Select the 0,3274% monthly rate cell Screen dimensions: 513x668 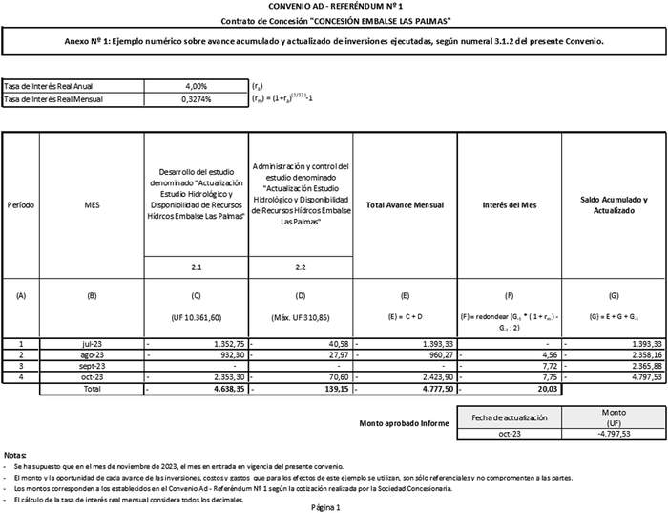pos(194,98)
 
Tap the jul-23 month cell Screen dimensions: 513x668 pos(92,343)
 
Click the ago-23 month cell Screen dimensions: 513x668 pos(92,354)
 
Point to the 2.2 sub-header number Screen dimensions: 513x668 pos(301,267)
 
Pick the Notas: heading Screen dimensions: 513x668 pos(15,455)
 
